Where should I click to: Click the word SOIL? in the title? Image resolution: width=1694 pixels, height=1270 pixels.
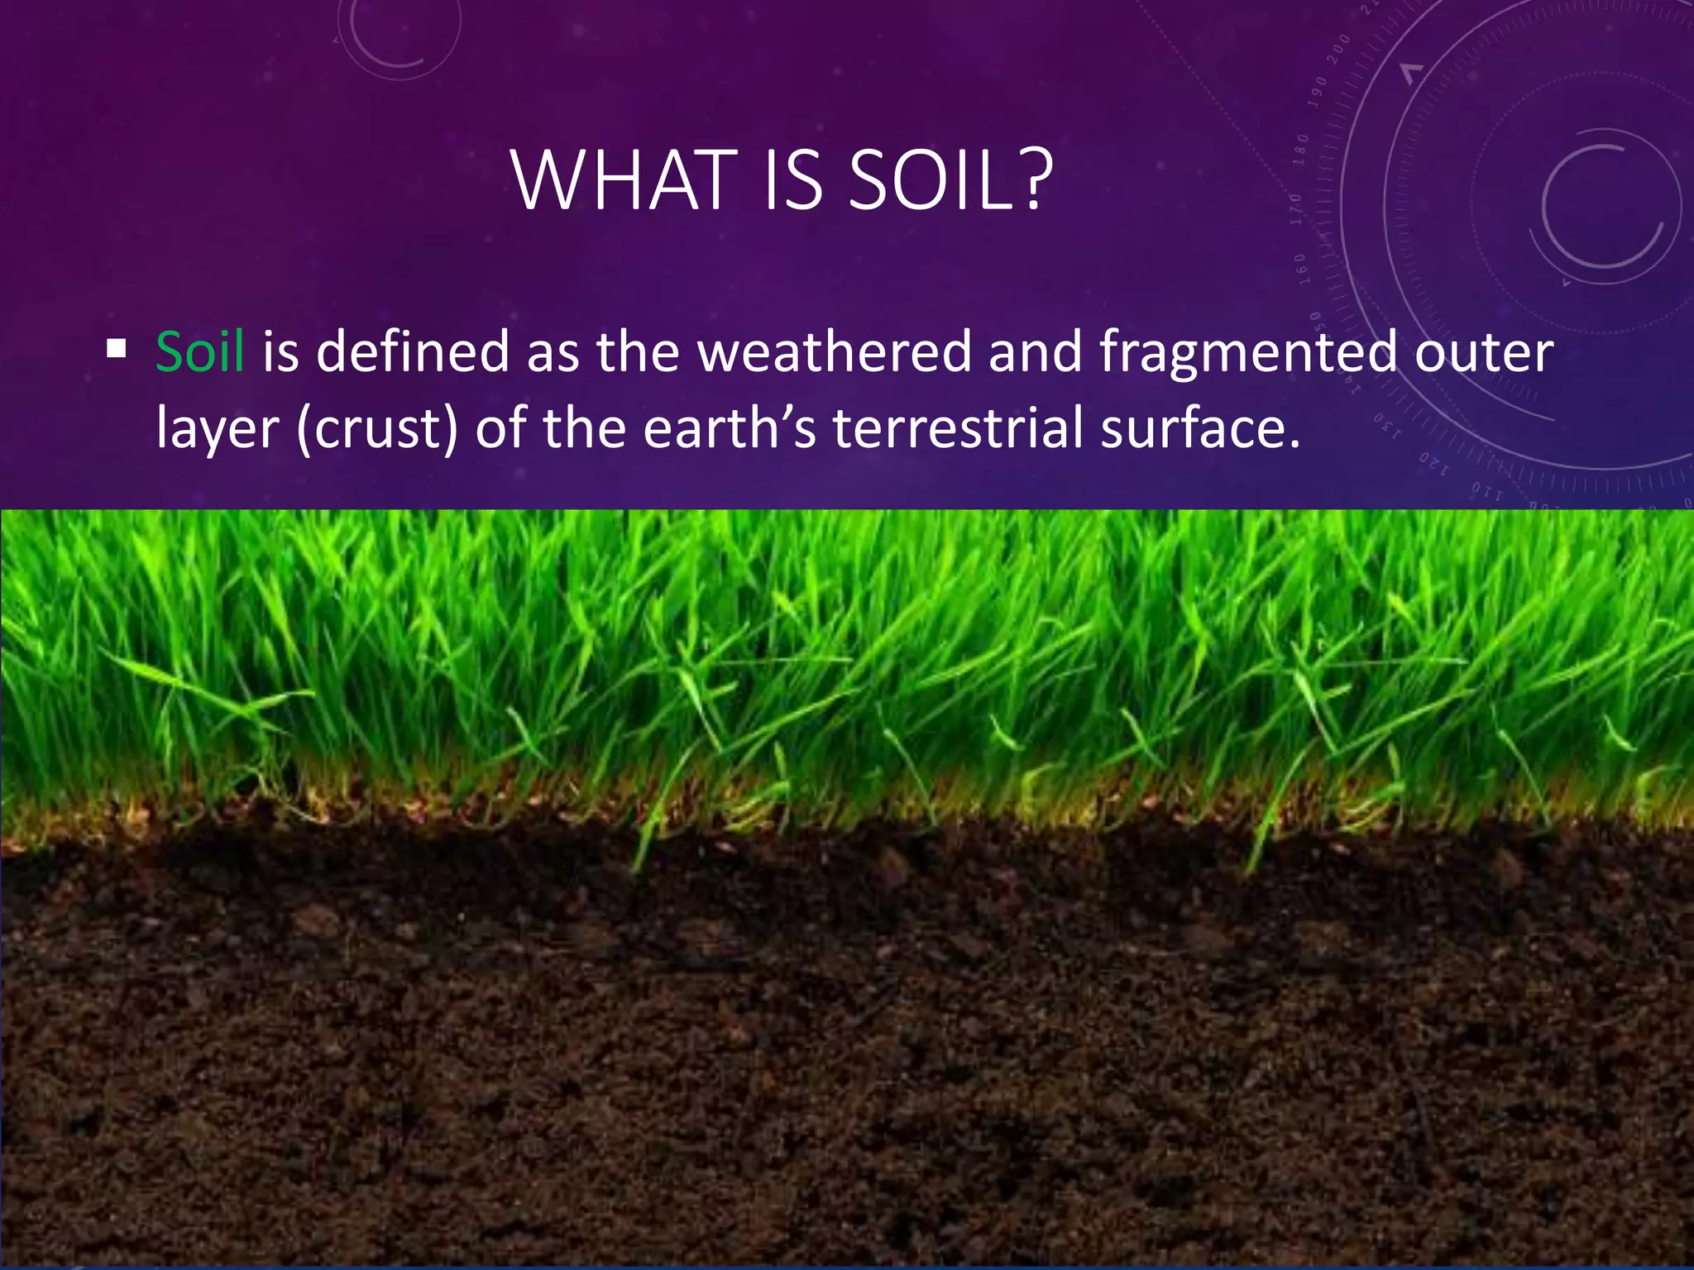pos(950,180)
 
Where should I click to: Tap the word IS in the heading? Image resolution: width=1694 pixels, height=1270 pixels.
pos(793,180)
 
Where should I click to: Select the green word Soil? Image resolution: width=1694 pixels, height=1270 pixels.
pos(200,351)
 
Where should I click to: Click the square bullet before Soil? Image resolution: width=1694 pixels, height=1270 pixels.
pos(117,349)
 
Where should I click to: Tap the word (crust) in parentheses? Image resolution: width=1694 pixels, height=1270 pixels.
pos(377,429)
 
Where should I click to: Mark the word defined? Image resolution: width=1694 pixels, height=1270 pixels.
pos(413,351)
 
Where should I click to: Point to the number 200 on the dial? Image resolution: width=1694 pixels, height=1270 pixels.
pos(1339,50)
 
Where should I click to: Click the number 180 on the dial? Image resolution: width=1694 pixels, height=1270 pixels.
pos(1301,149)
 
